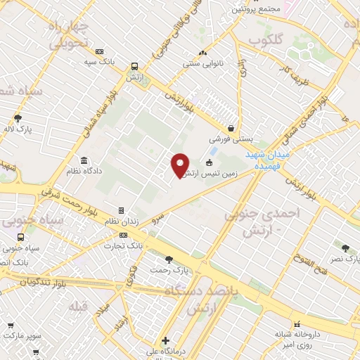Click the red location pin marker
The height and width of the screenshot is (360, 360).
pyautogui.click(x=181, y=165)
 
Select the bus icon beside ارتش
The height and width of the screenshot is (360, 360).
pyautogui.click(x=134, y=67)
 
